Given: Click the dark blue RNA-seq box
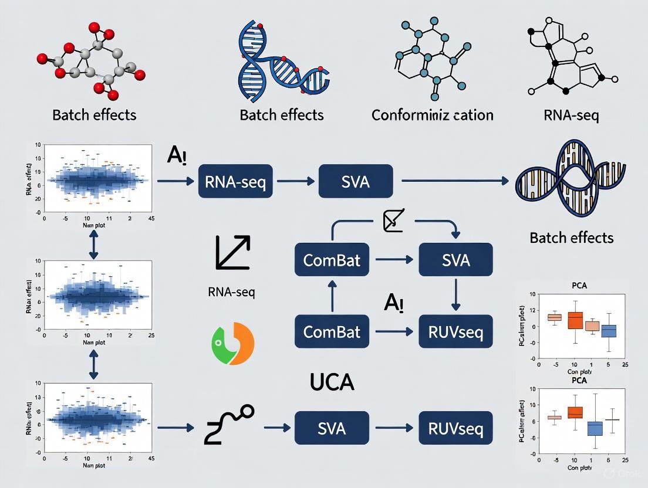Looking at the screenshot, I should pyautogui.click(x=235, y=181).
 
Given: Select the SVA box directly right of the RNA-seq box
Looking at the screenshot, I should pyautogui.click(x=355, y=181).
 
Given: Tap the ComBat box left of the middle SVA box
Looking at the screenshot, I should pyautogui.click(x=332, y=259).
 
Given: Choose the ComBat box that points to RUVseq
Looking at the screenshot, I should pyautogui.click(x=332, y=331).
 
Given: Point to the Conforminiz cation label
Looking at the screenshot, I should pyautogui.click(x=432, y=114).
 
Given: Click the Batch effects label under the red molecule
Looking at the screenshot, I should pyautogui.click(x=94, y=114).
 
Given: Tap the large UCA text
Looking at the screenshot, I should pyautogui.click(x=332, y=382).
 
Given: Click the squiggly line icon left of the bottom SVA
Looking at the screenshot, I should pyautogui.click(x=229, y=425).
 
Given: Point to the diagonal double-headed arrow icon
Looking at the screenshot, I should pyautogui.click(x=233, y=253).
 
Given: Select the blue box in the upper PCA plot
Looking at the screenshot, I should pyautogui.click(x=609, y=331).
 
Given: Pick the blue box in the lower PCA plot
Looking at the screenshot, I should pyautogui.click(x=595, y=429).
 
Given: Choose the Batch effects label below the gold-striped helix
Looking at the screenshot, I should pyautogui.click(x=571, y=238).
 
